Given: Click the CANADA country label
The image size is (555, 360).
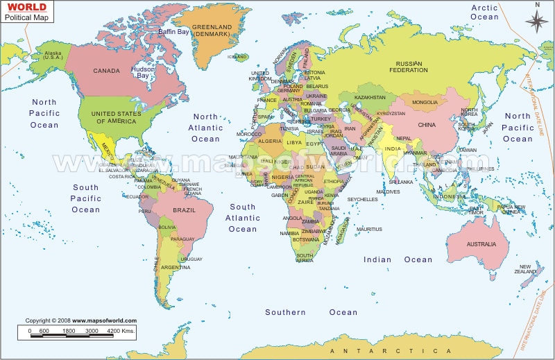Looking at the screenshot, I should (107, 71).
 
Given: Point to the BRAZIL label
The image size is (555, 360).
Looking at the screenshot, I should (185, 209).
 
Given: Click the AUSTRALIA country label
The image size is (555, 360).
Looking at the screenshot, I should (481, 244).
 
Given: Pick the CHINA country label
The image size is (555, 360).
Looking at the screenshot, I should (426, 125).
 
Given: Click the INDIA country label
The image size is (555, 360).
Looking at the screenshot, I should (393, 149).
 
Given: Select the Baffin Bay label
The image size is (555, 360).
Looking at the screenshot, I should (173, 32).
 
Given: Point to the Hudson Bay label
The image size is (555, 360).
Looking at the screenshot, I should (142, 73).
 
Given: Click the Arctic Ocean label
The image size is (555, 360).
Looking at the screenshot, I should (485, 12).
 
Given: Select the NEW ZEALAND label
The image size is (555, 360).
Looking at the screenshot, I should (526, 270).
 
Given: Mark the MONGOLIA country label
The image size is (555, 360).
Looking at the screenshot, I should (425, 103).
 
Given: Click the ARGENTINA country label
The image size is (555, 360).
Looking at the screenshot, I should (176, 267).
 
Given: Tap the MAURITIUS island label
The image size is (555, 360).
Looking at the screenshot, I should (369, 229).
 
